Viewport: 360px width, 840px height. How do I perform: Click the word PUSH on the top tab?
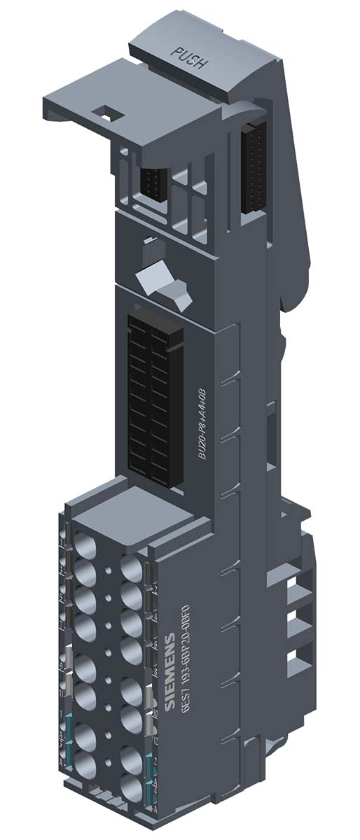tap(189, 58)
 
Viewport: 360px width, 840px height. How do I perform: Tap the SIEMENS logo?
tap(172, 672)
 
